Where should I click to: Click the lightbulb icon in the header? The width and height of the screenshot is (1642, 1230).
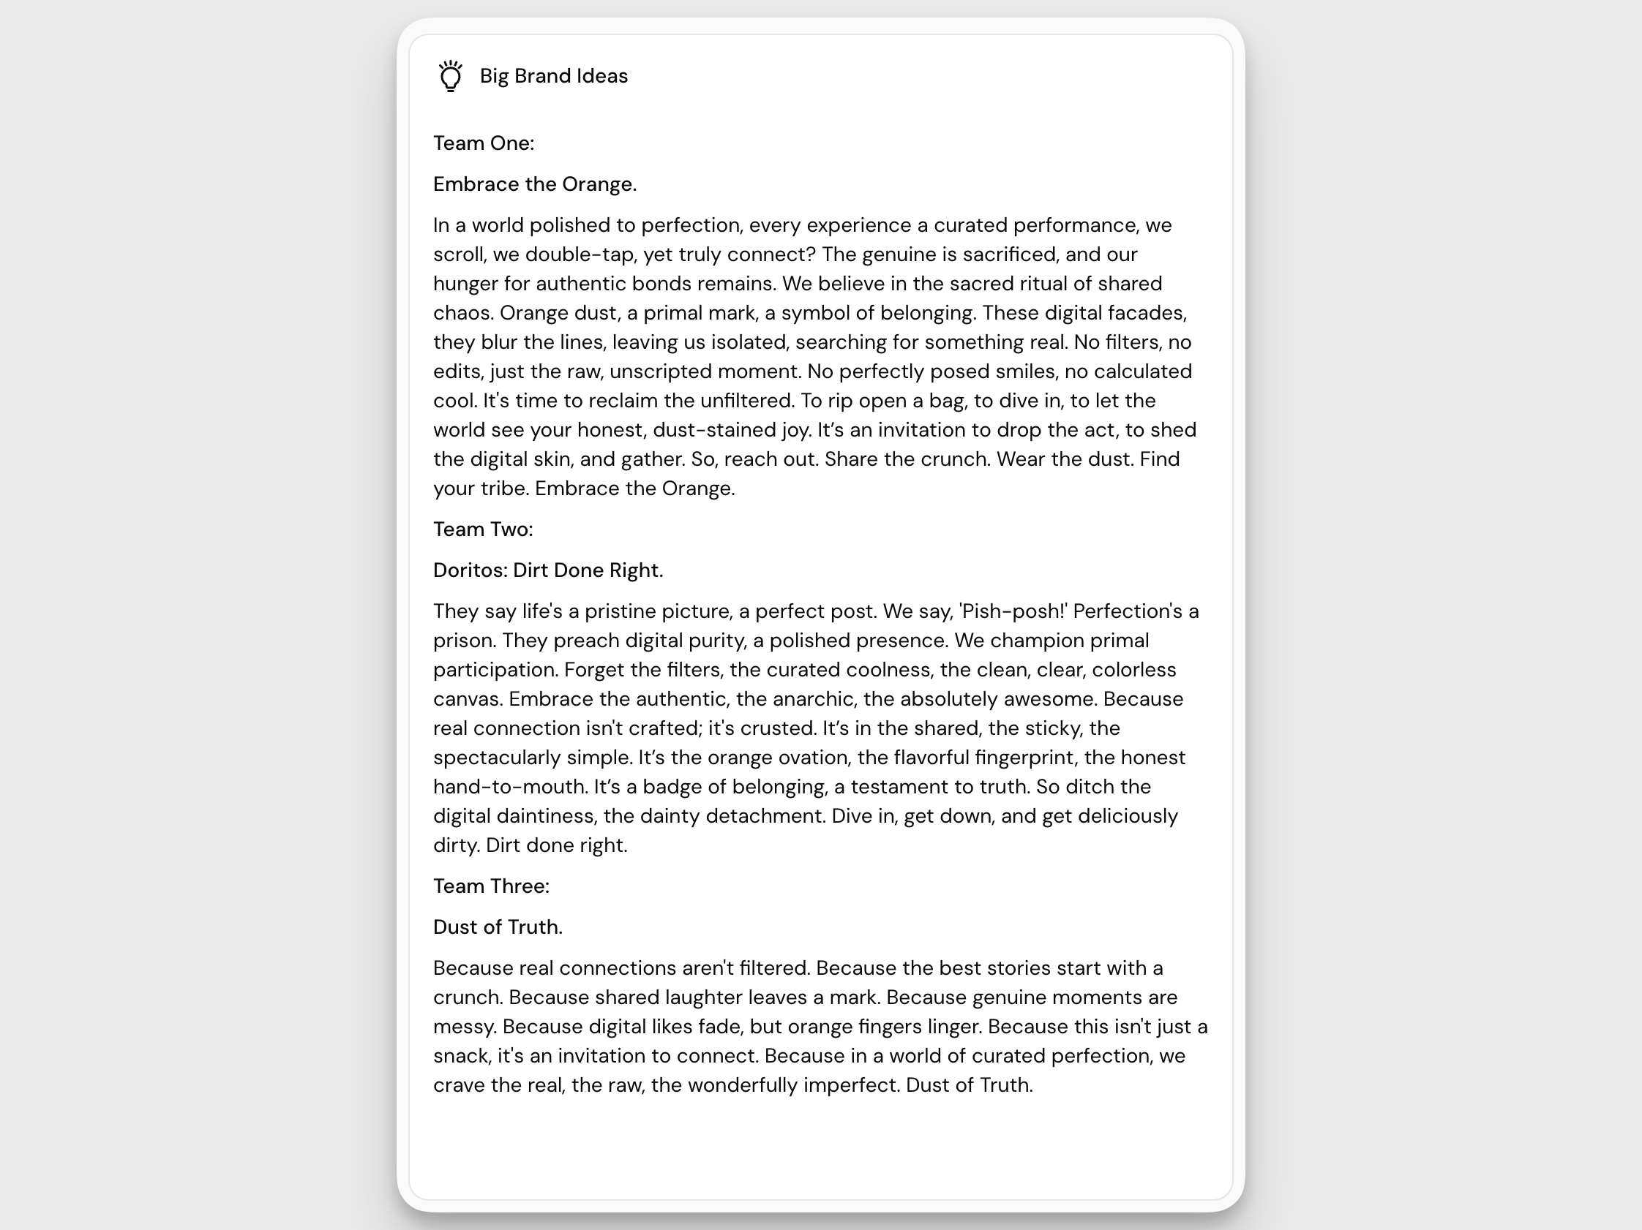450,75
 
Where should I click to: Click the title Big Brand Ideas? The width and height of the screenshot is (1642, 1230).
553,75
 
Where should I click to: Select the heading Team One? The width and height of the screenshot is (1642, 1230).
483,143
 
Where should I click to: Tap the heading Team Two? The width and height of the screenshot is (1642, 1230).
482,529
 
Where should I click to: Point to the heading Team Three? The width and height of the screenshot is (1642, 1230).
491,886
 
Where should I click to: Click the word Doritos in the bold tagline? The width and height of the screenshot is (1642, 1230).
469,570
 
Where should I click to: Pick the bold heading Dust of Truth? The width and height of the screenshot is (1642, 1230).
498,927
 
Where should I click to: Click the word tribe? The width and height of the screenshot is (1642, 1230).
502,488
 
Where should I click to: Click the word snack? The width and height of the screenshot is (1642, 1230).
460,1056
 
